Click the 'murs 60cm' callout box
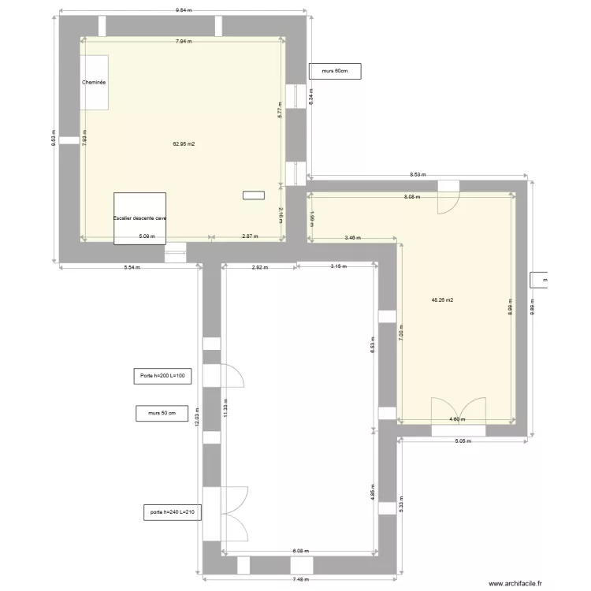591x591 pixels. point(335,72)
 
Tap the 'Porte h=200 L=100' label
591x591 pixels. point(162,376)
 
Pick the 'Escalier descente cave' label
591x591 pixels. point(139,218)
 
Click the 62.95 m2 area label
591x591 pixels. point(184,144)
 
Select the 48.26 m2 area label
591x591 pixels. point(442,299)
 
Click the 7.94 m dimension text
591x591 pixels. point(184,40)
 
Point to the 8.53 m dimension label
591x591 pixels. point(418,175)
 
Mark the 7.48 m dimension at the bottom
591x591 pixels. point(300,579)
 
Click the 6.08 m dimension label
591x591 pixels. point(301,551)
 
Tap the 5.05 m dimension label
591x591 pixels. point(462,441)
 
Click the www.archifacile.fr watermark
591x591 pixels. point(516,584)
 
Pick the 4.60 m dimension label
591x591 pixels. point(457,419)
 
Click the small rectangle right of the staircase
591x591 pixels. point(254,195)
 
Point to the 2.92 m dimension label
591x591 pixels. point(259,267)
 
